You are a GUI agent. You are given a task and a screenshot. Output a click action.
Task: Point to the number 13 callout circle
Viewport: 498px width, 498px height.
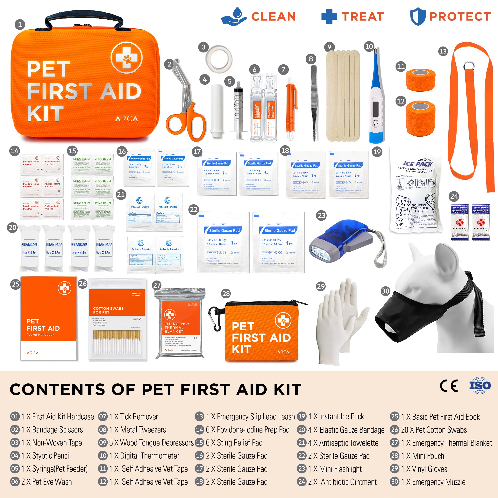pos(443,51)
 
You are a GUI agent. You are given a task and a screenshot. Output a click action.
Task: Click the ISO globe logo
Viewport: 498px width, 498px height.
pos(480,385)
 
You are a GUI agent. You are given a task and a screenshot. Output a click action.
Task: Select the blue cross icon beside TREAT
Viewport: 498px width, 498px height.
pos(329,17)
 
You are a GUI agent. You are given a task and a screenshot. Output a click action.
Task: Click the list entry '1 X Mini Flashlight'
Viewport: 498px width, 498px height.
pos(335,469)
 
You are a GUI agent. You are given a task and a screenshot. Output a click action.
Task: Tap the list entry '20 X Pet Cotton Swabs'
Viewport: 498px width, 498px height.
pos(434,430)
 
